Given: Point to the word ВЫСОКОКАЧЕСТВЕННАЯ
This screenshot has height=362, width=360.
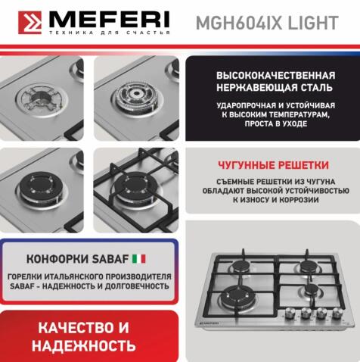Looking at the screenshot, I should (275, 76).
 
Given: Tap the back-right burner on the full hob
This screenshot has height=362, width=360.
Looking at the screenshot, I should (309, 266).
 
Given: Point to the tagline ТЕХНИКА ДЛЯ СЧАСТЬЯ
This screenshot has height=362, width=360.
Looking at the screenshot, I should (109, 33).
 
